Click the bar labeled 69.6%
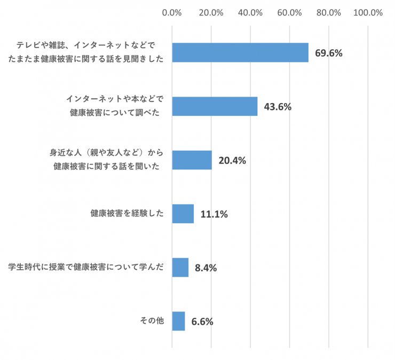[240, 52]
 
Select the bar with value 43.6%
[215, 106]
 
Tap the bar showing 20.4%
[192, 160]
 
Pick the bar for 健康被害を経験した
[183, 214]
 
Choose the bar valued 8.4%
[180, 268]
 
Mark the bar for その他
[179, 321]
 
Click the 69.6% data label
[328, 53]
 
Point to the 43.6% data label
[278, 107]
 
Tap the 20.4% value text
[232, 160]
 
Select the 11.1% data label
[214, 214]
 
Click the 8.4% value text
[206, 268]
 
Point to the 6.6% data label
[202, 322]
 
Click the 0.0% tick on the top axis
[172, 13]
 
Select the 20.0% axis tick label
[211, 13]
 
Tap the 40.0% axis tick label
[250, 13]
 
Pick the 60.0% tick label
[290, 13]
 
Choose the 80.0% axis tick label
[329, 13]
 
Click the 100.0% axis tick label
[368, 13]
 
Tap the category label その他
[152, 320]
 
